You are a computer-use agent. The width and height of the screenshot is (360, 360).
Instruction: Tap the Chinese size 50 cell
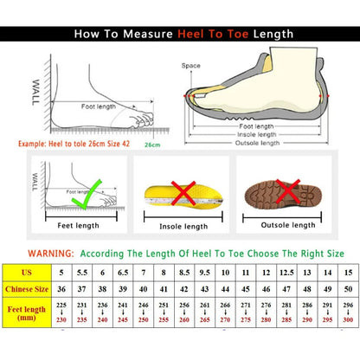(x=347, y=288)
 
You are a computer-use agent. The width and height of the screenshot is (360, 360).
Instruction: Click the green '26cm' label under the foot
(x=152, y=145)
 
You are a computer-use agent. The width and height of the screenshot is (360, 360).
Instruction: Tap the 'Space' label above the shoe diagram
(x=190, y=65)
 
